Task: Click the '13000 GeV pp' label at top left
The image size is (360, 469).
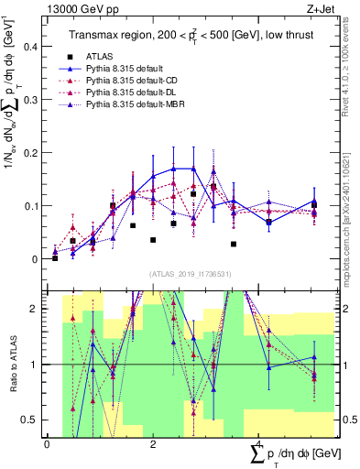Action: (81, 8)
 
